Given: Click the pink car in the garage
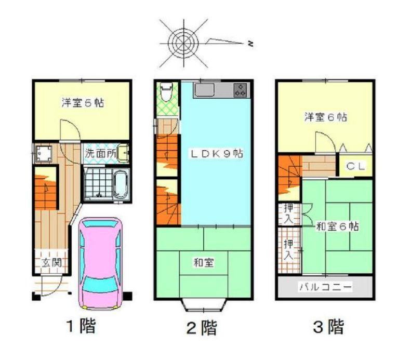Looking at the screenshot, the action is click(101, 263).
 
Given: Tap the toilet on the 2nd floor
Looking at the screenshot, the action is click(166, 92).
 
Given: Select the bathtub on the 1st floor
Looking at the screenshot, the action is click(121, 185).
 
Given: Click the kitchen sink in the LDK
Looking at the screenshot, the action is click(204, 90).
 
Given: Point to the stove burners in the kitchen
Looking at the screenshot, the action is click(240, 90).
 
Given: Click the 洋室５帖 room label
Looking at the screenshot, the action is click(83, 103).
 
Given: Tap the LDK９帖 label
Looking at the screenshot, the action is click(216, 153).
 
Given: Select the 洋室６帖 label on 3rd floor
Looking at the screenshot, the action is click(326, 117).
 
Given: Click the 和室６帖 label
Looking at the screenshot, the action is click(337, 226).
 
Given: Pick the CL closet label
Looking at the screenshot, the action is click(355, 166).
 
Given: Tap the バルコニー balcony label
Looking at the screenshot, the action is click(325, 287).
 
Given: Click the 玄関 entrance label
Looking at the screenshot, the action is click(51, 262).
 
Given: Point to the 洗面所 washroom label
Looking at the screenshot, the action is click(101, 153).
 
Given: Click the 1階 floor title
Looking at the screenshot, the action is click(81, 326).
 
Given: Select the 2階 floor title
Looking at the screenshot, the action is click(202, 327).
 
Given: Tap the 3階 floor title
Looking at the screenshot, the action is click(328, 326).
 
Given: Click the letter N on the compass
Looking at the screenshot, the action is click(250, 44).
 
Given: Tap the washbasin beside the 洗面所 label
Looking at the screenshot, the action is click(123, 153).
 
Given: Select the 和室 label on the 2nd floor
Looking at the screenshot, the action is click(204, 262).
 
